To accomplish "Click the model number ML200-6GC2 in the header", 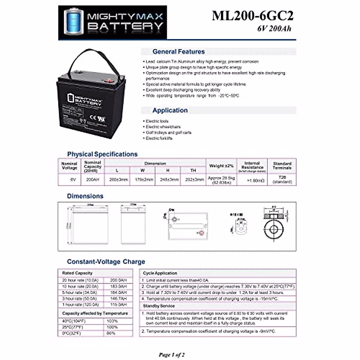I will pos(252,16).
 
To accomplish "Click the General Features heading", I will pos(178,52).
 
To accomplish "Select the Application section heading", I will pos(170,110).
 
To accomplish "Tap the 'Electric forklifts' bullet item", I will pos(159,138).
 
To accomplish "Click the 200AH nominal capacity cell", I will pos(92,180).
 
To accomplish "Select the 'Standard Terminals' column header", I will pos(282,166).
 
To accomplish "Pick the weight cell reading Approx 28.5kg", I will pos(221,180).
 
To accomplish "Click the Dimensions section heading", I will pos(85,196).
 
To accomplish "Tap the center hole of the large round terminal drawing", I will pos(273,230).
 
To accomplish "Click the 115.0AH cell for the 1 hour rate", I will pos(118,304).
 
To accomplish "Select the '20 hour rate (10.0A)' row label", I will pos(80,280).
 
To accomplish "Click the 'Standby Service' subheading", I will pos(159,306).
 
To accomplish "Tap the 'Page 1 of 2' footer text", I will pos(172,355).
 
